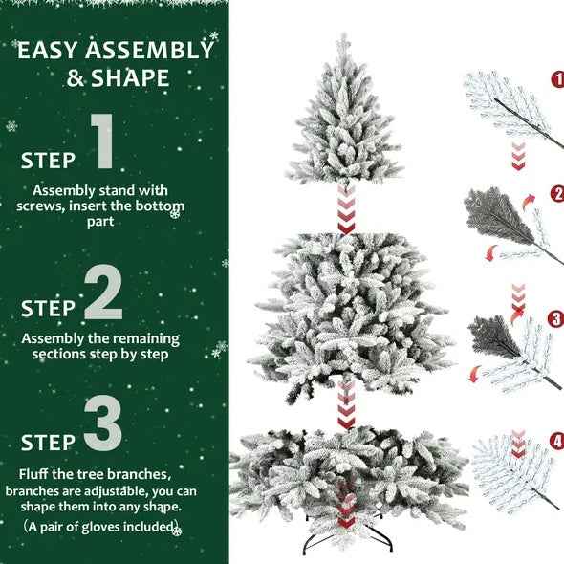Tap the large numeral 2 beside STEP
103,293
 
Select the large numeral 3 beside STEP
102,425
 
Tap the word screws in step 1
40,206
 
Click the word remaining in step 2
142,338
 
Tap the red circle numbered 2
557,193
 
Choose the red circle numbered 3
556,318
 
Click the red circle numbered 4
557,442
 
